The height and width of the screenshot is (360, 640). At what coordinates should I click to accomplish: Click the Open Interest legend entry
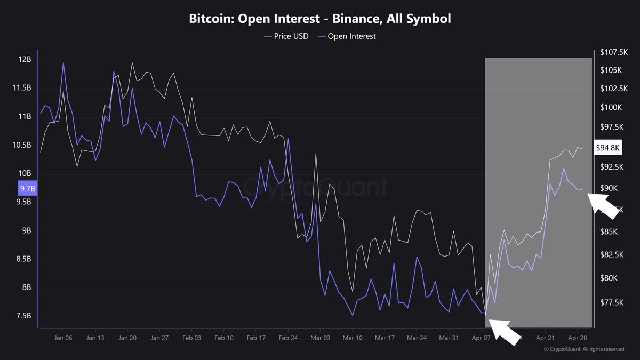(348, 36)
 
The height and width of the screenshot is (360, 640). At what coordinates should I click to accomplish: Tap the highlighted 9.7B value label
(27, 188)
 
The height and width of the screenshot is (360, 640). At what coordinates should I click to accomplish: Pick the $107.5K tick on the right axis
(613, 52)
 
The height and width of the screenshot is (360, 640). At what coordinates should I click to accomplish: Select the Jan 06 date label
(63, 338)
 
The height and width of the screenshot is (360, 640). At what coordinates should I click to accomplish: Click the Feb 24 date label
(288, 338)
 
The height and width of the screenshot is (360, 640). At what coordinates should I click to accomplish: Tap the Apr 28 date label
(577, 338)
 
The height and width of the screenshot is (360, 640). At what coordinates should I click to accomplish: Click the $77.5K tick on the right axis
(611, 302)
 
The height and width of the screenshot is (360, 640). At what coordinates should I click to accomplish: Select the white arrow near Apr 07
(504, 331)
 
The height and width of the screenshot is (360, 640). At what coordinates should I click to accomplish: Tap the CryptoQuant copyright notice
(583, 349)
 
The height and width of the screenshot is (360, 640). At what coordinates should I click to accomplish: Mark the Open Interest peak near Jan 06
(63, 63)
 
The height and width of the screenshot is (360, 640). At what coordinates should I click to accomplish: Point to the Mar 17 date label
(385, 338)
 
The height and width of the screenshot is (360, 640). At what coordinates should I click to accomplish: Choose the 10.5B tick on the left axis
(23, 145)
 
